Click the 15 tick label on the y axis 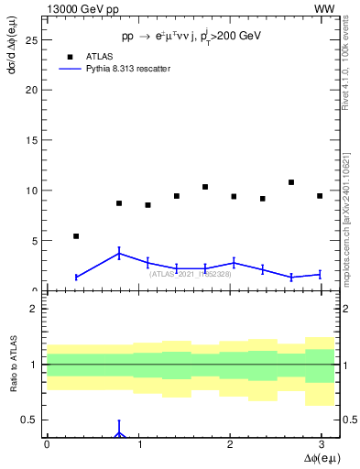click(x=31, y=140)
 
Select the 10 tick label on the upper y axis click(x=31, y=191)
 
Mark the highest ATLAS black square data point click(x=291, y=182)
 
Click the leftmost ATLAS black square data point click(x=76, y=236)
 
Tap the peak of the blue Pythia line click(x=119, y=254)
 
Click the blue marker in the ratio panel click(x=119, y=433)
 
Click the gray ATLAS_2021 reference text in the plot click(x=191, y=274)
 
